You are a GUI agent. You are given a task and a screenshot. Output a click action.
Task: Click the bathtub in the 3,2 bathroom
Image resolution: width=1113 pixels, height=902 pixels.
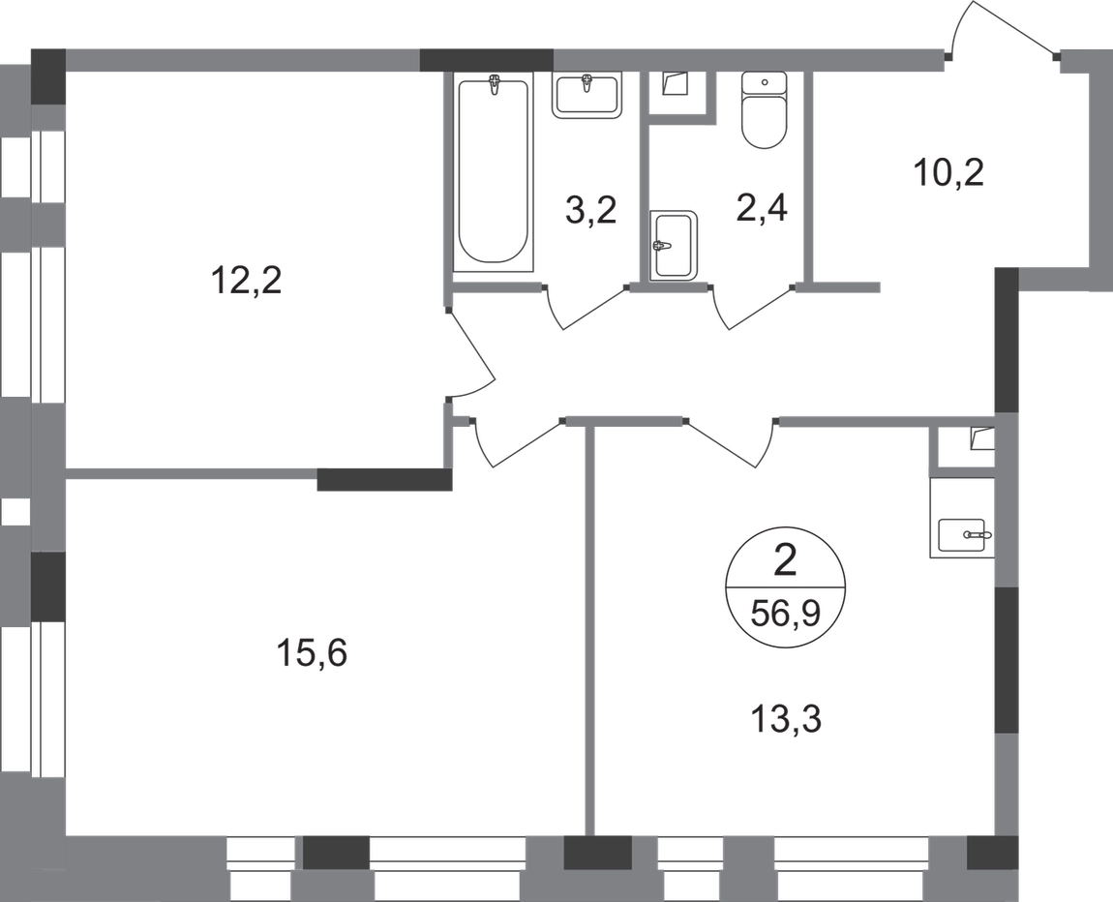click(x=493, y=171)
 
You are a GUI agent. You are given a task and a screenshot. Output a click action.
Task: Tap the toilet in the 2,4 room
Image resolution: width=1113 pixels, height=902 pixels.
click(x=764, y=110)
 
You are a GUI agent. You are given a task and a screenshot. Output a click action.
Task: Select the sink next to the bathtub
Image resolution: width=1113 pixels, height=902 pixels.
click(x=587, y=95)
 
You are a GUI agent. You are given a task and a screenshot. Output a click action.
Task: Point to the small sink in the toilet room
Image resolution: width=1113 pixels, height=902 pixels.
click(x=674, y=245)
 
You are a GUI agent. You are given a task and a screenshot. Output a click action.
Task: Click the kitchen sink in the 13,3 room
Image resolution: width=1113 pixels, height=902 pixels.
click(x=963, y=533)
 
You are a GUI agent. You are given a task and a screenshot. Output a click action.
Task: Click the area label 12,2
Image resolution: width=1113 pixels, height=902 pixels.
click(x=246, y=281)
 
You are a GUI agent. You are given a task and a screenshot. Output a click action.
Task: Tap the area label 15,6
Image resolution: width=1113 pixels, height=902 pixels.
click(x=313, y=653)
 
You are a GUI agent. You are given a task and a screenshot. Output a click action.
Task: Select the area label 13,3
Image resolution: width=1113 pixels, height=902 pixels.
click(x=786, y=720)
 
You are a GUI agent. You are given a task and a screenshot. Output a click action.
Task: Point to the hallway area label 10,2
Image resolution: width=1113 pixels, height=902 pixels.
click(x=949, y=172)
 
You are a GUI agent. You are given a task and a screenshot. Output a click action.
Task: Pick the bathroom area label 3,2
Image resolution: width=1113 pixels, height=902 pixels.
click(x=590, y=211)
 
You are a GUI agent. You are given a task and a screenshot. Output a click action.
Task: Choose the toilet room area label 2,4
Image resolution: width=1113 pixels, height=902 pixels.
click(x=763, y=210)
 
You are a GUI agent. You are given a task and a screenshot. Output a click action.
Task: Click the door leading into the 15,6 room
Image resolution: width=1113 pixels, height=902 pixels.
click(x=516, y=443)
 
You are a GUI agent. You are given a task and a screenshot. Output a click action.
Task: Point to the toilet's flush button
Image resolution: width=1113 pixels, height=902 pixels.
click(x=764, y=82)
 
